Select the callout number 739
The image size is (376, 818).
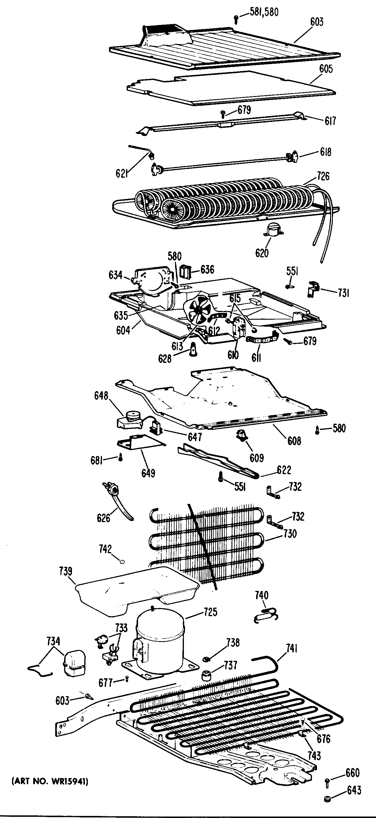(x=66, y=571)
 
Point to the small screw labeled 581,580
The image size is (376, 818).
(x=236, y=19)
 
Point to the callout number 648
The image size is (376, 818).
(x=101, y=396)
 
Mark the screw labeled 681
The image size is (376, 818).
(x=120, y=457)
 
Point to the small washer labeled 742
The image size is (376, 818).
(x=122, y=561)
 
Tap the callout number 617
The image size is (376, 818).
(x=330, y=121)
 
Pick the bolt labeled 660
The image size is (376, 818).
(x=328, y=782)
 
